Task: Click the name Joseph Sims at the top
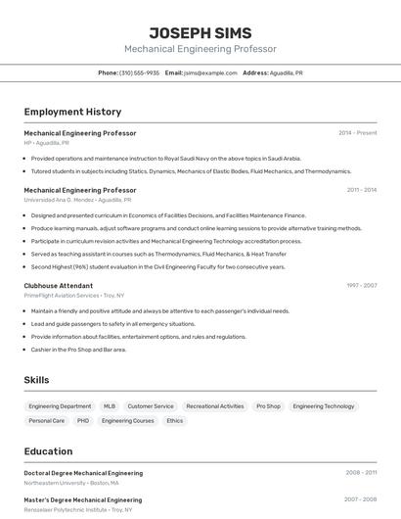click(x=200, y=32)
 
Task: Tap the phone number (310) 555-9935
click(x=139, y=73)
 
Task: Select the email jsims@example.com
click(x=210, y=73)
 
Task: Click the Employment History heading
click(x=72, y=113)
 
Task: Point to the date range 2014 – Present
click(x=358, y=133)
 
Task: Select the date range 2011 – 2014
click(x=362, y=190)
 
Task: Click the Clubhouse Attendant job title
click(x=59, y=286)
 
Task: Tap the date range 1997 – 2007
click(x=361, y=286)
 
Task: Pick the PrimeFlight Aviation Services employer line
click(x=74, y=295)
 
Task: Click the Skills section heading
click(x=37, y=380)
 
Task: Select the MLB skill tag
click(x=110, y=406)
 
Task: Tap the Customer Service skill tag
click(x=151, y=406)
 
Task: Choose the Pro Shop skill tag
click(x=268, y=406)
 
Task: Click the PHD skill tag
click(x=83, y=421)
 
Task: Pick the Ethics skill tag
click(x=174, y=421)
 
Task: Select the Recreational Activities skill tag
click(x=215, y=406)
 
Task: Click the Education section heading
click(x=49, y=451)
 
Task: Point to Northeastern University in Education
click(x=71, y=483)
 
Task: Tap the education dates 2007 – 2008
click(x=361, y=499)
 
